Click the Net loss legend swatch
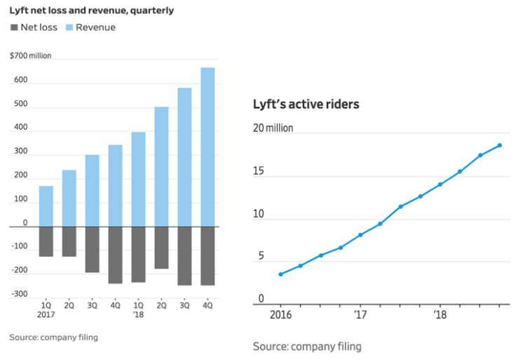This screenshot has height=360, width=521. (14, 27)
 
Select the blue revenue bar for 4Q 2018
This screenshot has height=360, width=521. (208, 147)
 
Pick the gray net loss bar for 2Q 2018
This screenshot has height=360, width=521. (161, 248)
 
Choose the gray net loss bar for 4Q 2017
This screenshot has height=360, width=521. (115, 255)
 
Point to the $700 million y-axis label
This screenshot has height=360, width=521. (31, 56)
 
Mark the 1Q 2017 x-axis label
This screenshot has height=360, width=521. (46, 310)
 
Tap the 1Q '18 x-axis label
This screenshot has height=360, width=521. (138, 310)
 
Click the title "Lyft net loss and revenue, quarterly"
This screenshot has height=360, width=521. (92, 11)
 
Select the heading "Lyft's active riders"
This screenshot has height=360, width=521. (306, 105)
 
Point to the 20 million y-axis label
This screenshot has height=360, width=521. (273, 128)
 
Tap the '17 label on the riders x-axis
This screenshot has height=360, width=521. (360, 314)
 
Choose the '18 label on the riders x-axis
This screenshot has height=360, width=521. (440, 314)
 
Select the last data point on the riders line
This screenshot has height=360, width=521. (500, 145)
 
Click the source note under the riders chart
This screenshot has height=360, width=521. (307, 347)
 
